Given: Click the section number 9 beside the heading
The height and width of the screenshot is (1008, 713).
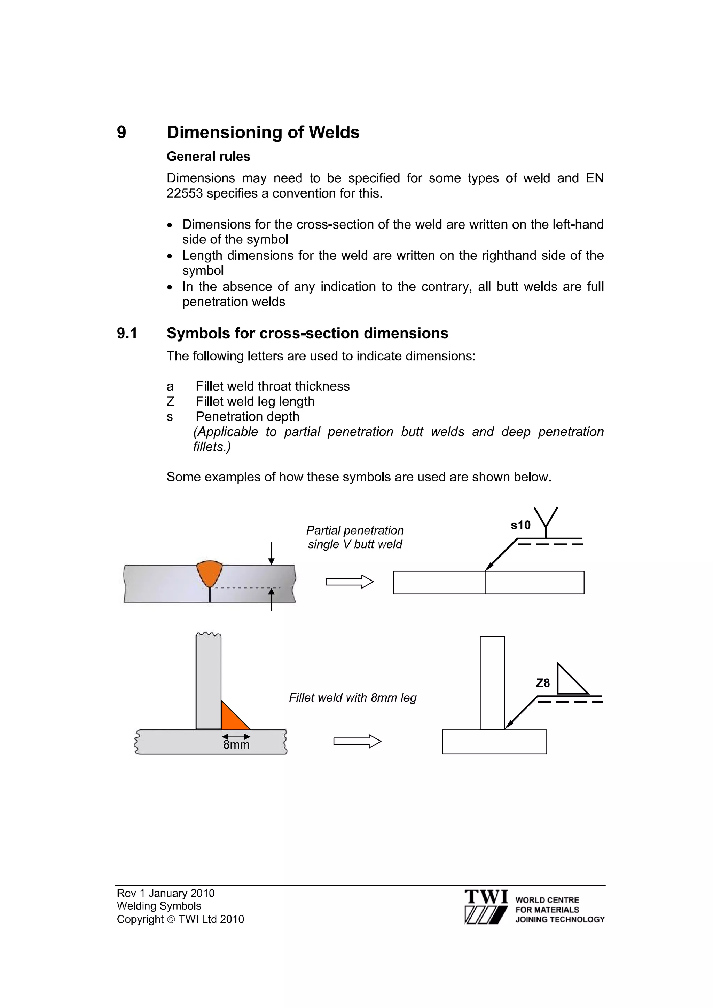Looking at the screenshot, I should click(x=121, y=133).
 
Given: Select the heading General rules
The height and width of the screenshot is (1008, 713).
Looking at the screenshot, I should click(x=208, y=157).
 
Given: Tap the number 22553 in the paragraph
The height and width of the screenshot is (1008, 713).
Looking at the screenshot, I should click(x=185, y=193).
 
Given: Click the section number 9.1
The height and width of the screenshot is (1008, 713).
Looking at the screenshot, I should click(x=127, y=333).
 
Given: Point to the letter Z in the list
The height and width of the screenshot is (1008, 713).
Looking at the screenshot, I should click(x=171, y=401).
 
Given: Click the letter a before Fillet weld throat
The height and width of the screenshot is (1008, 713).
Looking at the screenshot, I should click(x=170, y=386).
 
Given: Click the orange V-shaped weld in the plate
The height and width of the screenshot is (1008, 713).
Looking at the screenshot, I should click(x=209, y=572).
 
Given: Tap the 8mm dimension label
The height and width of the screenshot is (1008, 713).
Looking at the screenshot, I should click(x=236, y=745).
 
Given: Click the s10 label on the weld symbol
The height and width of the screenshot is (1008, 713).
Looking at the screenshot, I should click(x=520, y=525).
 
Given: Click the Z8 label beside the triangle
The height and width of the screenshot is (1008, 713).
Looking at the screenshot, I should click(x=543, y=683).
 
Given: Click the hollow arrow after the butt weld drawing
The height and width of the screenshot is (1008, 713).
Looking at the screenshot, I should click(x=349, y=582).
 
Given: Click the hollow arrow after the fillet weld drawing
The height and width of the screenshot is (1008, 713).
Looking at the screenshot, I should click(x=357, y=742).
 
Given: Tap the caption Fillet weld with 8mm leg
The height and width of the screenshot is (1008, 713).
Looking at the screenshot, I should click(x=352, y=698).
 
